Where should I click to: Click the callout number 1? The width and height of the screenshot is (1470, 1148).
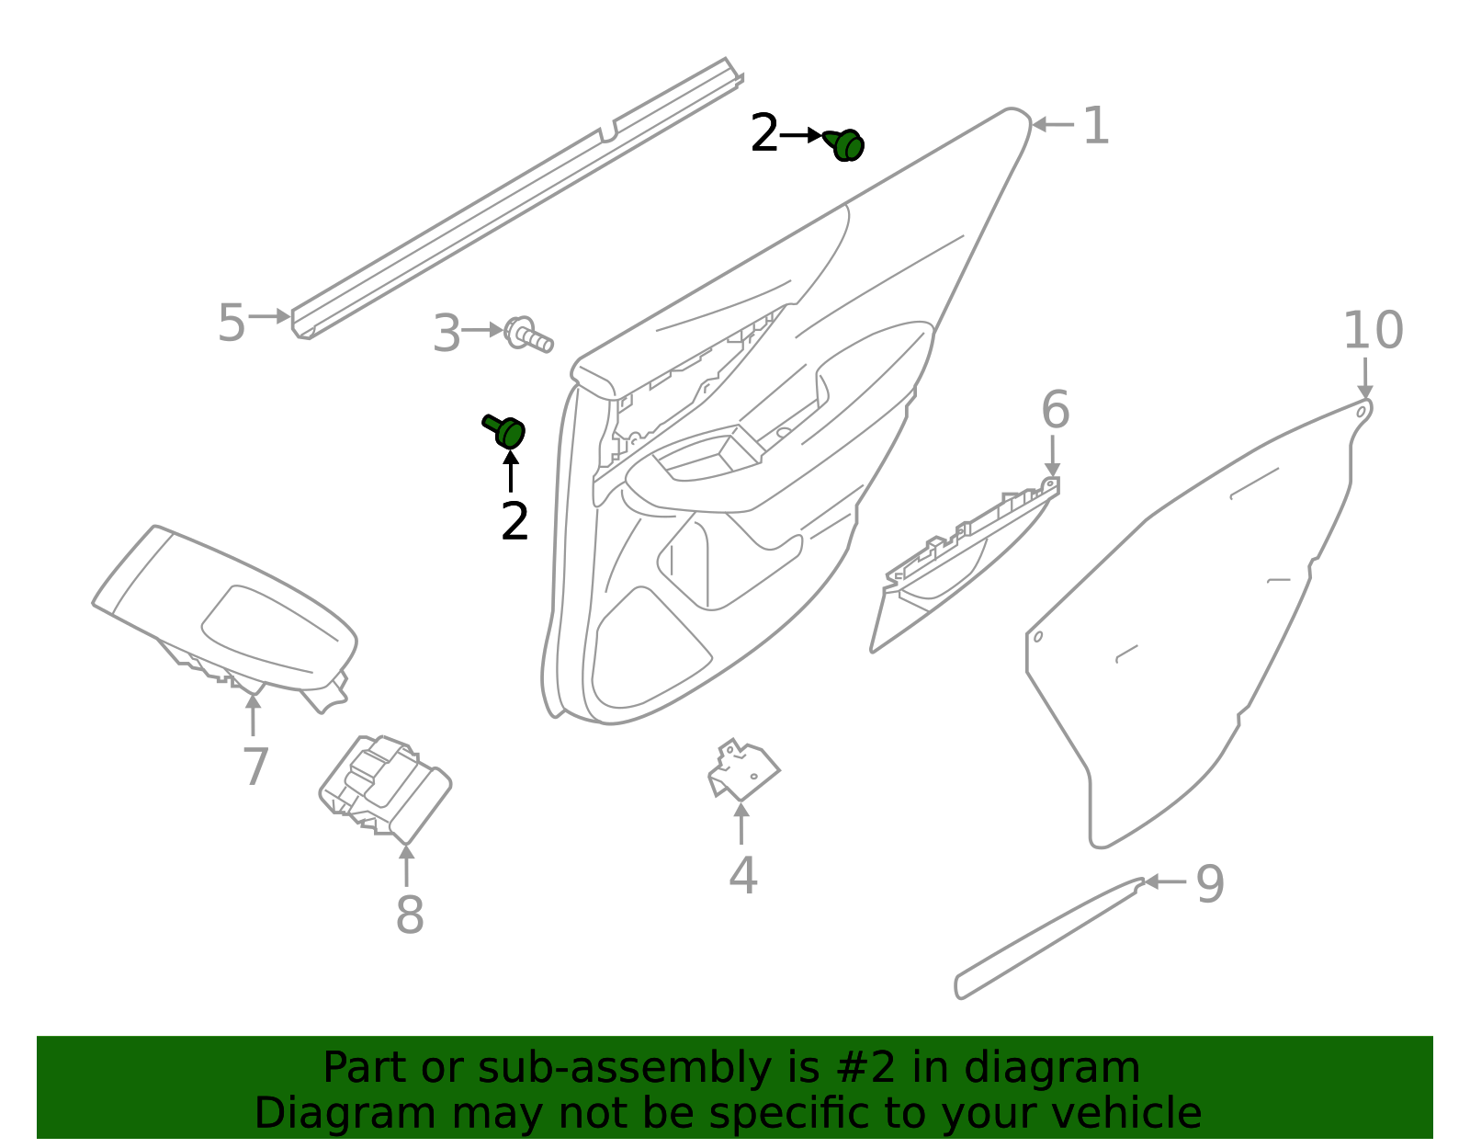tap(1095, 126)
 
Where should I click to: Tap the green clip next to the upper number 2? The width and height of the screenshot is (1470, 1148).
tap(844, 144)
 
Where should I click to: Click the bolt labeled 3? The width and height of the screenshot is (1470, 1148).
tap(529, 335)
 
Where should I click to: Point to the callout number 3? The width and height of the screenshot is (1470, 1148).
tap(447, 334)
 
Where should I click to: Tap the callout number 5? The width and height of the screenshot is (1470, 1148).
tap(231, 324)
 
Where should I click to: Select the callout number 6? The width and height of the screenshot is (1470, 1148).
tap(1055, 410)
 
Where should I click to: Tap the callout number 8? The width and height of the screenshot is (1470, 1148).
tap(410, 915)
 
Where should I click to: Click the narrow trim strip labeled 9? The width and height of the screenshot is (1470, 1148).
tap(1047, 938)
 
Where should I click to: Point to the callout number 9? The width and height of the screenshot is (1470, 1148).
tap(1210, 884)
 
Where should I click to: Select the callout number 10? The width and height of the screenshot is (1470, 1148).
tap(1373, 331)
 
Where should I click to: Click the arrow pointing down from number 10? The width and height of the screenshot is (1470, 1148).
tap(1365, 378)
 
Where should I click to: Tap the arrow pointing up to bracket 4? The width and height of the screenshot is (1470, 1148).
tap(741, 823)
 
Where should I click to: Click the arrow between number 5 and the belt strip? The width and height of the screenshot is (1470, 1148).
tap(269, 316)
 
